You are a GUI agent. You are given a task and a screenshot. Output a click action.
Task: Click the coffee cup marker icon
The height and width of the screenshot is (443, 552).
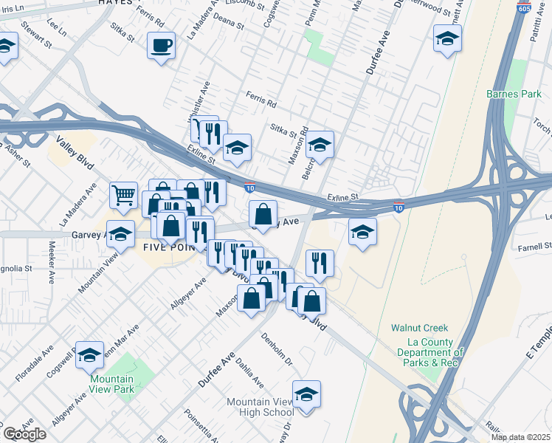tap(161, 47)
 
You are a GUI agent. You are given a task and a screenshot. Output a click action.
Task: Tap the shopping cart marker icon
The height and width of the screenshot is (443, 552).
tap(124, 196)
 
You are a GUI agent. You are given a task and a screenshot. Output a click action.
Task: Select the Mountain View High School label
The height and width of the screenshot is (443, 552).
tap(260, 407)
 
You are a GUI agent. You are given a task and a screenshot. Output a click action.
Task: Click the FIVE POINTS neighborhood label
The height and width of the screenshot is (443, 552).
tap(167, 248)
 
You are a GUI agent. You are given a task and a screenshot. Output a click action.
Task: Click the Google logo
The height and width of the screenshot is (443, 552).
tap(24, 434)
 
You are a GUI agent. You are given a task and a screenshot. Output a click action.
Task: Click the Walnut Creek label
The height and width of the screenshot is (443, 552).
tap(419, 329)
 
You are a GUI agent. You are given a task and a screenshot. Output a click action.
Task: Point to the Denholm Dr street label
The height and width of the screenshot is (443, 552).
tap(277, 349)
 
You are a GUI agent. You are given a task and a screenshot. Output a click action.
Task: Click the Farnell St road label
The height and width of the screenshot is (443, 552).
tap(536, 247)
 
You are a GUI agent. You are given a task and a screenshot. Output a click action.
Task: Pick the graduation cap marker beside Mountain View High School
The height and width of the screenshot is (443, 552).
tap(306, 395)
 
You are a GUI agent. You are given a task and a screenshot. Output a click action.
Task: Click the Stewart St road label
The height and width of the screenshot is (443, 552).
tap(35, 33)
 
